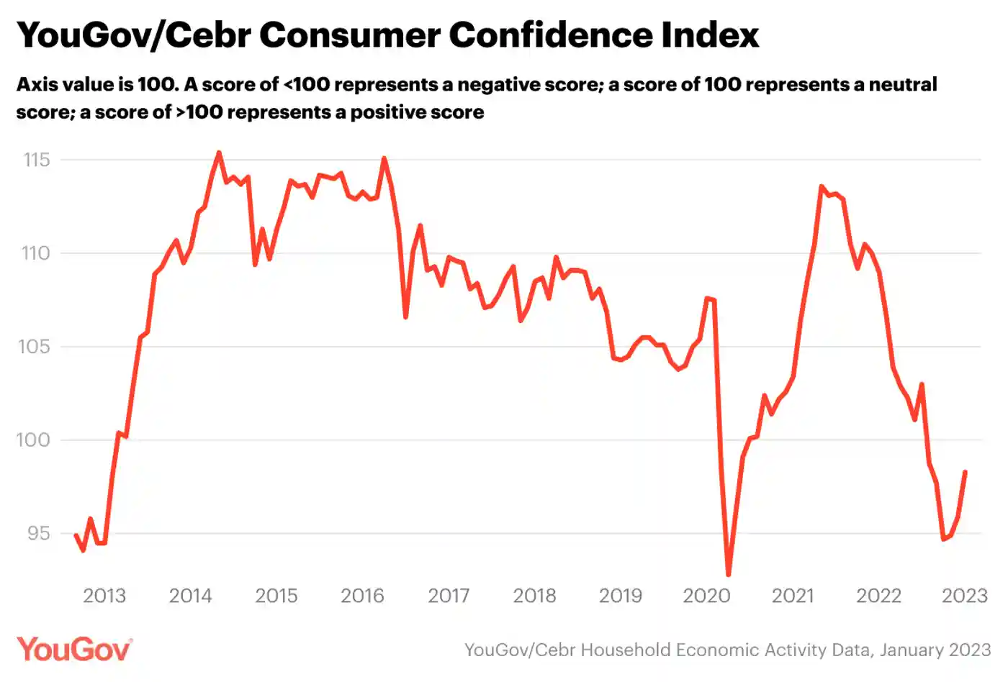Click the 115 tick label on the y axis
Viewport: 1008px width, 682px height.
(37, 160)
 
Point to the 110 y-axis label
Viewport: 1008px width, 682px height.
(35, 253)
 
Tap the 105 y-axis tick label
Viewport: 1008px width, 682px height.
(34, 347)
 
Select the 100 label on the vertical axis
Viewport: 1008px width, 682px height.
(33, 440)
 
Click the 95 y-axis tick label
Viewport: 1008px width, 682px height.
(39, 534)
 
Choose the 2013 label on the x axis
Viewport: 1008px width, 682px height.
(104, 596)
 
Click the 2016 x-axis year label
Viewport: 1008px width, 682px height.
(362, 596)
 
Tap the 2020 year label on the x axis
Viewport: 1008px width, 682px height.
(706, 596)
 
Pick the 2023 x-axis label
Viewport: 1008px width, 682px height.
(965, 596)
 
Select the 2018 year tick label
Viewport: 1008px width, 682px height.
(534, 596)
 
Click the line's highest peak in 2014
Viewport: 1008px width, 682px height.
(219, 153)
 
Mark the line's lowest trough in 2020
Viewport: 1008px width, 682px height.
(729, 574)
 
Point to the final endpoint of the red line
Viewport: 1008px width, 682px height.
(966, 472)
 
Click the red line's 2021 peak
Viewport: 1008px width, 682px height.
(822, 186)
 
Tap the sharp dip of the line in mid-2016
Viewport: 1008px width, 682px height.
(405, 317)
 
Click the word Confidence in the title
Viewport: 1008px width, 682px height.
(551, 35)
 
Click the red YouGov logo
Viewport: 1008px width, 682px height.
(74, 649)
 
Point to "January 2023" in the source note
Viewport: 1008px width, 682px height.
(935, 650)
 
